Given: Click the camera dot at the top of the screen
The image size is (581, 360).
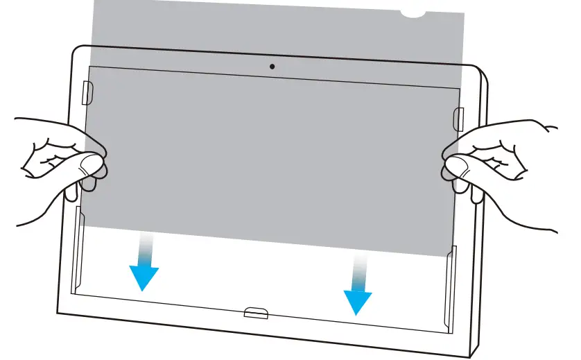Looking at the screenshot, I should pyautogui.click(x=272, y=67).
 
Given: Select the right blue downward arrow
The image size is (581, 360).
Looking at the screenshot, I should pyautogui.click(x=358, y=284).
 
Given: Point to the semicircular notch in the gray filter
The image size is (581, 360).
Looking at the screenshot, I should pyautogui.click(x=415, y=12).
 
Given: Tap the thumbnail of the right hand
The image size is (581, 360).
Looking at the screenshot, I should pyautogui.click(x=456, y=166).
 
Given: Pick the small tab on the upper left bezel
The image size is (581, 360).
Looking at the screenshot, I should pyautogui.click(x=87, y=92).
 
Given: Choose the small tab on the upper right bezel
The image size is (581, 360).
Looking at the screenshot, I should pyautogui.click(x=459, y=117).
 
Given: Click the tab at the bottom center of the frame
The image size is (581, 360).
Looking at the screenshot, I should pyautogui.click(x=256, y=313).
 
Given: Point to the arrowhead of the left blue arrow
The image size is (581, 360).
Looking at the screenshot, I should pyautogui.click(x=144, y=278).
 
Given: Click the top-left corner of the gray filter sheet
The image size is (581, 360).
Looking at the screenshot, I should pyautogui.click(x=93, y=2).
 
